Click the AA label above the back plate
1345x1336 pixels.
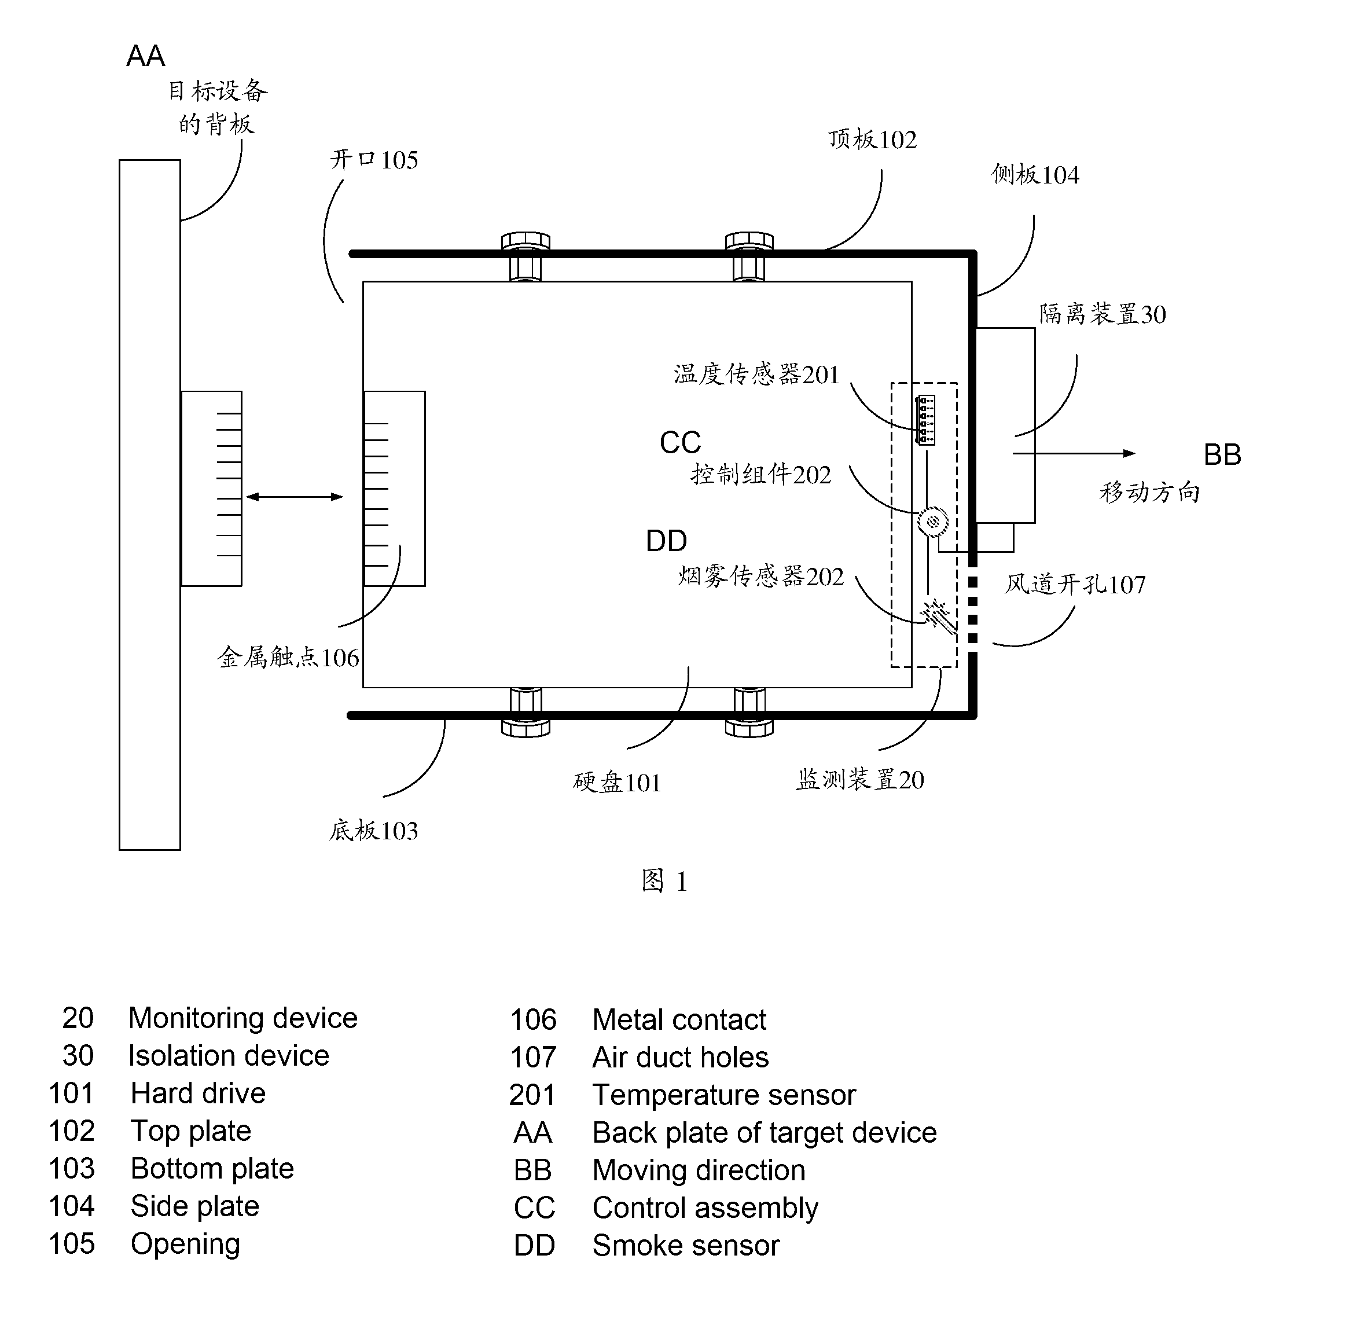pos(145,56)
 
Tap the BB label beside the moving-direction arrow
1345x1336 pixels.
pos(1222,454)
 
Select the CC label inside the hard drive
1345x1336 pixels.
pos(680,442)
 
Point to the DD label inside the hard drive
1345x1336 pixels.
pos(666,540)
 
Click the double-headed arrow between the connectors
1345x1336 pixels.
pos(295,497)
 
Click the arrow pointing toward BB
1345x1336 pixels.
pos(1074,453)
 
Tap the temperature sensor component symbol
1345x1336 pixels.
pos(926,420)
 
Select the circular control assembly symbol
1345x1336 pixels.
pos(933,522)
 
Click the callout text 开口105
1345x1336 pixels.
pos(374,160)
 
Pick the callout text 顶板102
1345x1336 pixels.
pos(872,140)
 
